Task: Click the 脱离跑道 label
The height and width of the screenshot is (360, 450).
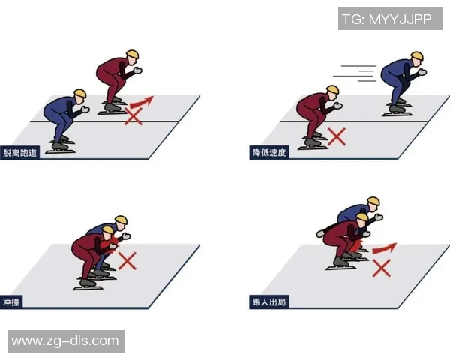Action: click(x=19, y=152)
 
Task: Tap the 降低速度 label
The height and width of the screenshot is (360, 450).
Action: click(x=269, y=152)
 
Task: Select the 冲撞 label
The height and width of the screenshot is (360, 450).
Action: click(x=11, y=302)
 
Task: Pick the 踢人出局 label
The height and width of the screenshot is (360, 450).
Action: click(x=269, y=302)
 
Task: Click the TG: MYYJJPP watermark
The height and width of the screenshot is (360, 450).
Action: click(x=390, y=19)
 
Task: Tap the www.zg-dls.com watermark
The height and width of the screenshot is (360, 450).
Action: click(x=66, y=341)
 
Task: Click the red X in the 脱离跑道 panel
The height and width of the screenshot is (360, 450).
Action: click(x=133, y=116)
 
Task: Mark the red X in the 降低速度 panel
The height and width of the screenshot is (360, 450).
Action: click(x=337, y=137)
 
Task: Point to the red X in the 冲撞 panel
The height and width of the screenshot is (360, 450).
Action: click(x=127, y=261)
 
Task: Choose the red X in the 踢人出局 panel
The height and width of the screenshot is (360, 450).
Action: click(x=382, y=268)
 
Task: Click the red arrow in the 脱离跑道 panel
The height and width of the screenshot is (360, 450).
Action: click(x=141, y=102)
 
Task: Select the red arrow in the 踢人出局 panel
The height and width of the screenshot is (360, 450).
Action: click(x=384, y=248)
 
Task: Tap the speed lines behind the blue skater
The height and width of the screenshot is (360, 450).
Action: click(x=355, y=73)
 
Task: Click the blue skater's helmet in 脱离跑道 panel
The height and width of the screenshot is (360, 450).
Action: click(x=80, y=93)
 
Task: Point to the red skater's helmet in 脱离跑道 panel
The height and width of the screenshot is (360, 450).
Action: click(x=133, y=55)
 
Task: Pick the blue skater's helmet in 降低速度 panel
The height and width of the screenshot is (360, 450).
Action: click(x=417, y=56)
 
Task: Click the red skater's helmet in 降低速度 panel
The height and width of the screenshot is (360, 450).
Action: click(x=332, y=89)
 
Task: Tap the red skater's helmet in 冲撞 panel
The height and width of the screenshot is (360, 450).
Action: click(x=107, y=230)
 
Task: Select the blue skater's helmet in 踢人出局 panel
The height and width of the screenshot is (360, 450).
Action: click(x=373, y=201)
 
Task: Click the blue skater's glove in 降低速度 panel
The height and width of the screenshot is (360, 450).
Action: click(x=422, y=72)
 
